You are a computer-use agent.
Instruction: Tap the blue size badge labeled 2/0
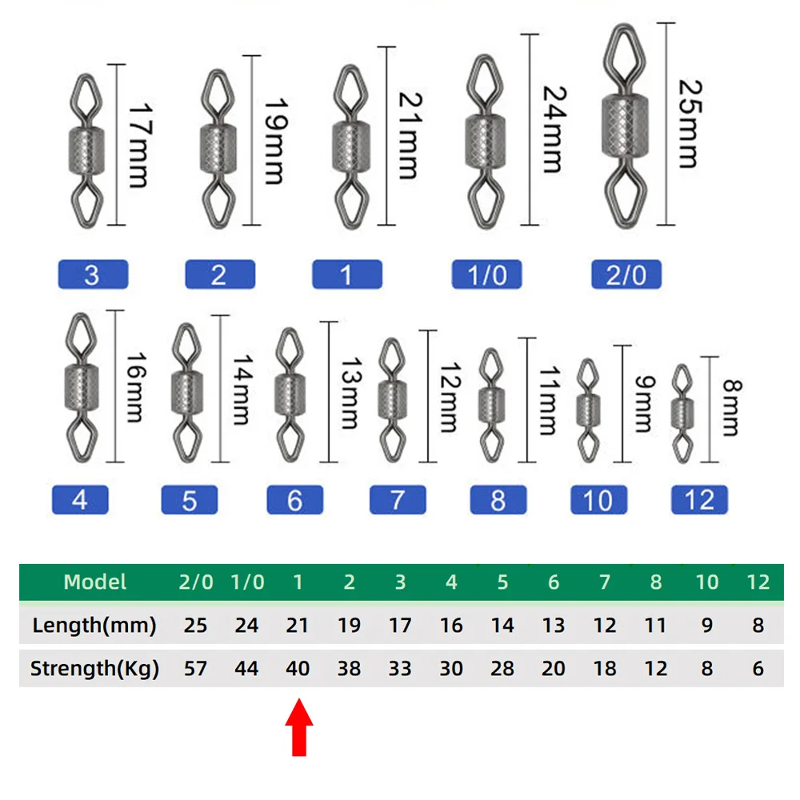click(x=626, y=274)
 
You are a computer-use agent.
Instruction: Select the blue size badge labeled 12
click(x=699, y=500)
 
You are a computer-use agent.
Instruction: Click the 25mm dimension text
click(x=686, y=122)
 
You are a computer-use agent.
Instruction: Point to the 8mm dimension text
click(x=730, y=409)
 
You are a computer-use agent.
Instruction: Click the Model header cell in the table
click(x=94, y=582)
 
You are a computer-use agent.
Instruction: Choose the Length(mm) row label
click(x=94, y=625)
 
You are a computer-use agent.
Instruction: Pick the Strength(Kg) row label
click(x=94, y=668)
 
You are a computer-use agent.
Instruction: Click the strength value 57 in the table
click(x=195, y=668)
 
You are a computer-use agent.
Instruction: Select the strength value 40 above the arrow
click(x=298, y=668)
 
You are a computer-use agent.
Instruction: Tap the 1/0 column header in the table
click(x=246, y=582)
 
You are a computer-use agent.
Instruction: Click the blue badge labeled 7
click(x=398, y=500)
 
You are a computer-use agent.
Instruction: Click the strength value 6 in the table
click(x=757, y=668)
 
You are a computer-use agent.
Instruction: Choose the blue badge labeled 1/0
click(x=486, y=274)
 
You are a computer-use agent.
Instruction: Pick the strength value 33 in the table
click(x=400, y=668)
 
